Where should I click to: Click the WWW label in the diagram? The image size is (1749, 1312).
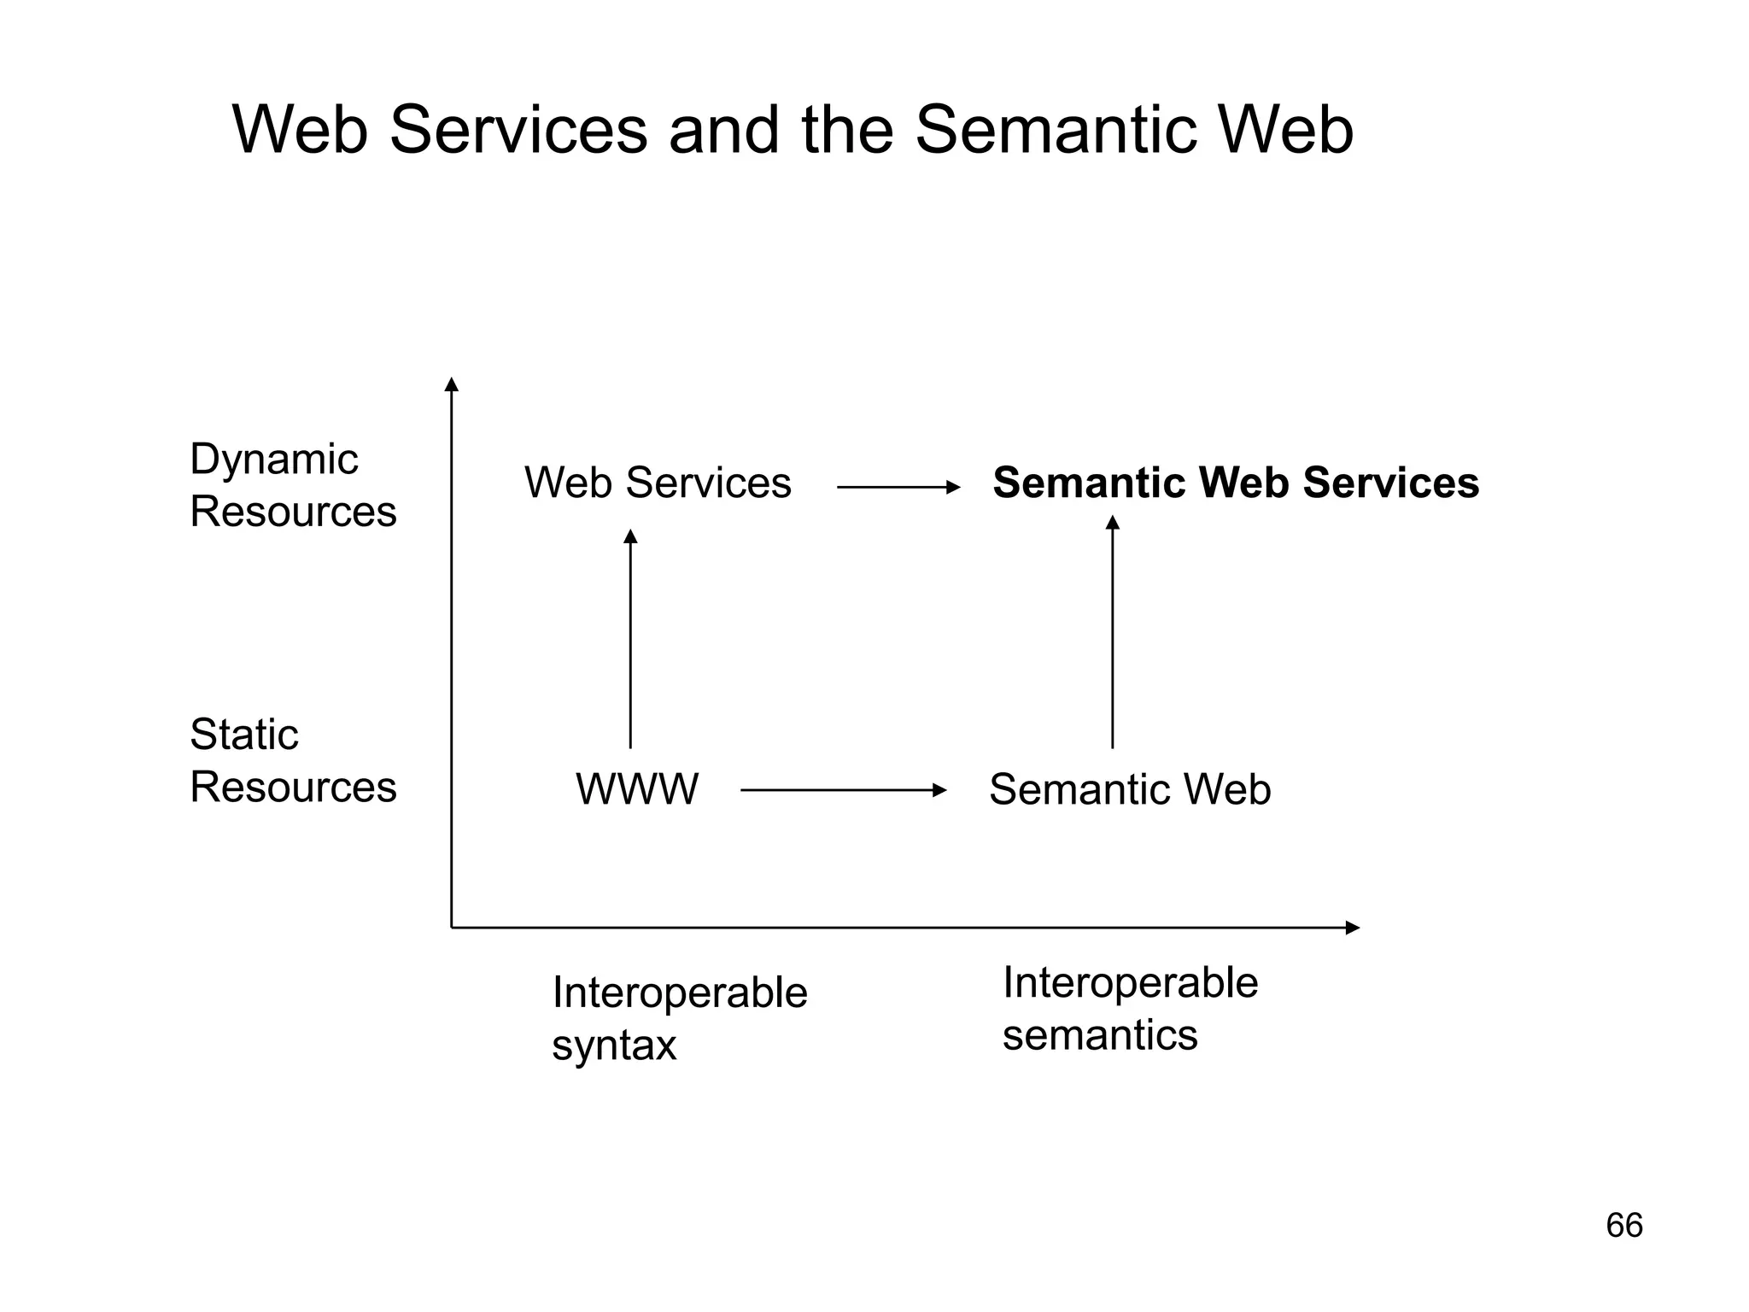tap(636, 789)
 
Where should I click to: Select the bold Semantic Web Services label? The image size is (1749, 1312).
tap(1235, 483)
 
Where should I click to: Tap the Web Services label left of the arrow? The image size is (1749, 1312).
tap(658, 483)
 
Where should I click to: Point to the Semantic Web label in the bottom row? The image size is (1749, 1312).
tap(1129, 789)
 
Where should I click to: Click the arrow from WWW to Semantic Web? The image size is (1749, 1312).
tap(843, 790)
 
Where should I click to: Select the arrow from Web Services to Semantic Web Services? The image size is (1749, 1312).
tap(898, 487)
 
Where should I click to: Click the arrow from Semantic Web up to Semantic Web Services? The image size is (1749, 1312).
tap(1112, 631)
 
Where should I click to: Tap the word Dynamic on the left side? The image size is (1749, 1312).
tap(273, 460)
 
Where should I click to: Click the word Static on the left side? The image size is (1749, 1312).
tap(243, 735)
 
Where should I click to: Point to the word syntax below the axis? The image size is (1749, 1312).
tap(613, 1045)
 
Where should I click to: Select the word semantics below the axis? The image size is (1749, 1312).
tap(1099, 1035)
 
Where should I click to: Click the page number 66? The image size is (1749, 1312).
tap(1623, 1226)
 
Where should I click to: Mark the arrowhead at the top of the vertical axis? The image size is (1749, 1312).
tap(452, 384)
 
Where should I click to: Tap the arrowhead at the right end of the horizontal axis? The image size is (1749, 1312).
tap(1352, 928)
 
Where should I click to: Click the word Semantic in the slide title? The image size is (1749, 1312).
tap(1056, 130)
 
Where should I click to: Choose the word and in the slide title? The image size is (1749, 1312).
tap(723, 130)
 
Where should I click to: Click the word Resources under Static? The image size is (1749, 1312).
tap(293, 787)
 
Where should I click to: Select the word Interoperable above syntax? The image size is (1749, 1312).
tap(679, 993)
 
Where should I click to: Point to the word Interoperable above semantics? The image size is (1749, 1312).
tap(1129, 982)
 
